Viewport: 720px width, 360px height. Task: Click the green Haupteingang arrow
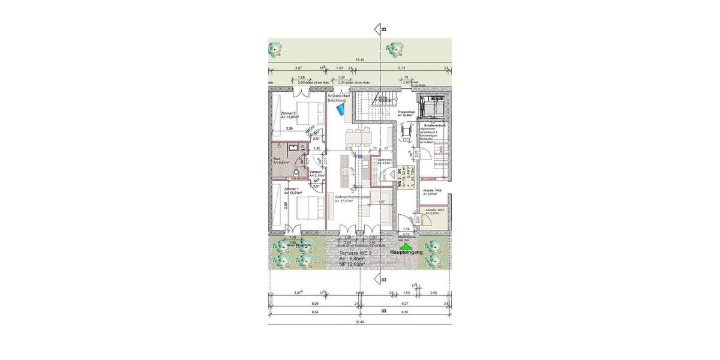[406, 245]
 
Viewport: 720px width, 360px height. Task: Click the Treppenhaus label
[407, 112]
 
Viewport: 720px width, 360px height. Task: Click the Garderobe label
[385, 160]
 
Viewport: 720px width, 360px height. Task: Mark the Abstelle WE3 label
[435, 210]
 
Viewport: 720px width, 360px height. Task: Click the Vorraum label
[316, 172]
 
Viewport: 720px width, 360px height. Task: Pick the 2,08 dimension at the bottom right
[434, 292]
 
